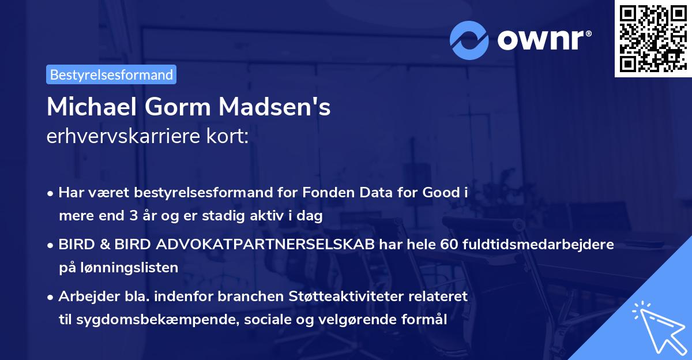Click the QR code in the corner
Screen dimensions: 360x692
653,38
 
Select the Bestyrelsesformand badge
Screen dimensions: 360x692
111,74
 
